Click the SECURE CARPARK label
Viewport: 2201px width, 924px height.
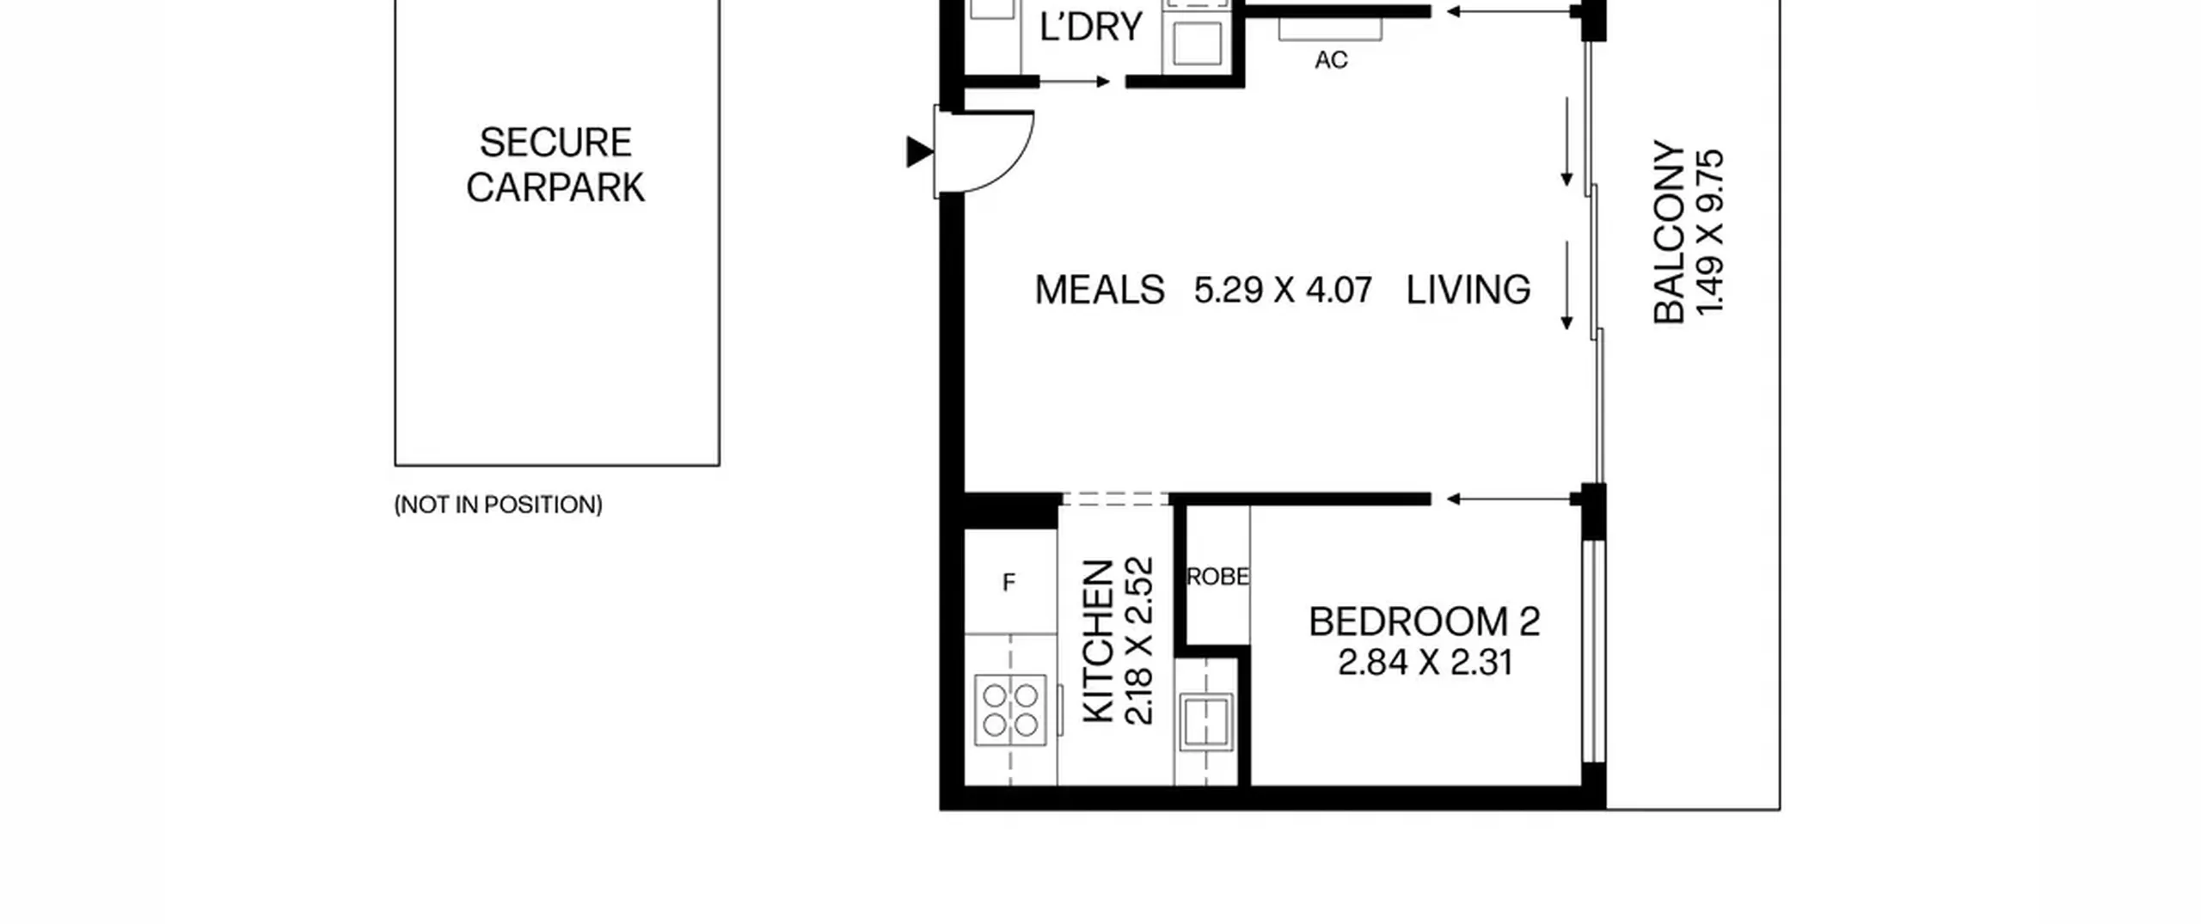coord(555,165)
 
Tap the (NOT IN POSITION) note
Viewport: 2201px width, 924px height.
coord(499,505)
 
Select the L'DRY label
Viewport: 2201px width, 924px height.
coord(1090,27)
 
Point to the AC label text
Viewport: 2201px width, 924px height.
coord(1331,59)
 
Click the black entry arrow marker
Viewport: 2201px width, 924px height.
coord(919,152)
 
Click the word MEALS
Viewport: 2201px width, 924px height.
coord(1100,290)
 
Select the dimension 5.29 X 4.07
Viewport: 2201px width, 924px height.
coord(1283,290)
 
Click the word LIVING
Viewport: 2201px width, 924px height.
coord(1468,290)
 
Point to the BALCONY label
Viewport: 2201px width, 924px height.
coord(1669,232)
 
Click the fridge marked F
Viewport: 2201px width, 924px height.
coord(1010,582)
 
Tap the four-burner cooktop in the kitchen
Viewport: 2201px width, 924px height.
coord(1010,710)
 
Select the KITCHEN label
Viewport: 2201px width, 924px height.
coord(1098,641)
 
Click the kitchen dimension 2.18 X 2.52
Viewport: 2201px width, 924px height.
coord(1138,641)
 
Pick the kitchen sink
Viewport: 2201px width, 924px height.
coord(1206,720)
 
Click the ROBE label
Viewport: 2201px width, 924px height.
coord(1217,577)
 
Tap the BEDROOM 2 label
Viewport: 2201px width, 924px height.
coord(1424,621)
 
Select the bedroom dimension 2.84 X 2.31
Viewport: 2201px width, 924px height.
coord(1425,663)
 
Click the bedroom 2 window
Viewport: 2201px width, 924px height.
coord(1594,651)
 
